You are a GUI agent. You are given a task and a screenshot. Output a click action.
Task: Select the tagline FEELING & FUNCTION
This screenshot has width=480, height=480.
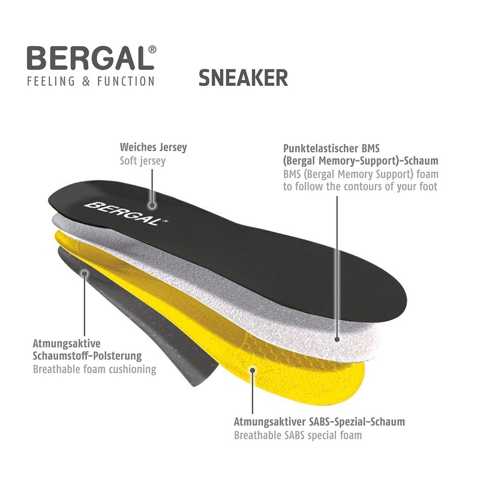[91, 81]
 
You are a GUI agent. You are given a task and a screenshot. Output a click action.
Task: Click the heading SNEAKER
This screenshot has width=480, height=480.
[243, 78]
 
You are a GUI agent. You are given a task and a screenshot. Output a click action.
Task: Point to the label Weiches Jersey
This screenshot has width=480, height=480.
[154, 147]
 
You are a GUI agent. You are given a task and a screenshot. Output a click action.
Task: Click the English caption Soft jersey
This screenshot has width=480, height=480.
[143, 161]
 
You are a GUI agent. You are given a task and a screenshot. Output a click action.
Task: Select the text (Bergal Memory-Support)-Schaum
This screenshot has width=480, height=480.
[360, 161]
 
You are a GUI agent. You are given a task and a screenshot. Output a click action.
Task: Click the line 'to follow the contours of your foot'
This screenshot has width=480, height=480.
[360, 187]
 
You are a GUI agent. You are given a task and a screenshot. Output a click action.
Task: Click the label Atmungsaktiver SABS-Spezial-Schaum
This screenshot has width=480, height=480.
[319, 422]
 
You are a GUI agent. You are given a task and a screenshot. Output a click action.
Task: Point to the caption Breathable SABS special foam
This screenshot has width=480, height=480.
[298, 435]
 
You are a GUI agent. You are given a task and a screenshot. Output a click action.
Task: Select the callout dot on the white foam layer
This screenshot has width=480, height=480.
[337, 339]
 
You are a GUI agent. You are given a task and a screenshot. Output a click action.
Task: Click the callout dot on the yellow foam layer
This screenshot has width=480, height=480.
[253, 370]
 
